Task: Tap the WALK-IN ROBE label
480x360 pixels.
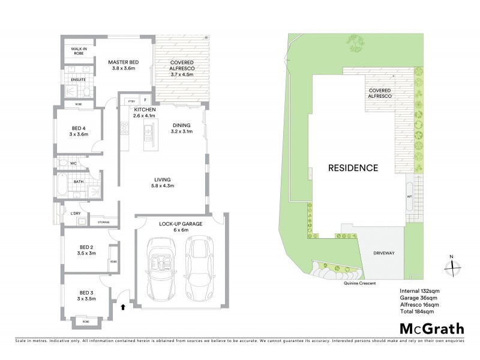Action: point(80,51)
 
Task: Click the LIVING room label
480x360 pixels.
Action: point(163,179)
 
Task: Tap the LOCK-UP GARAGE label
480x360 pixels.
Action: point(181,223)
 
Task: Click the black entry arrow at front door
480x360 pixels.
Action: point(123,307)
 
